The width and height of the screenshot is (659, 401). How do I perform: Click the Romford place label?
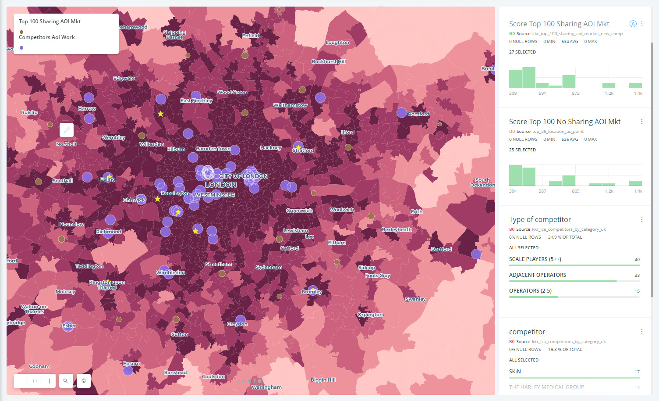click(x=418, y=114)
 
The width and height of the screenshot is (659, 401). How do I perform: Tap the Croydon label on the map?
click(x=237, y=324)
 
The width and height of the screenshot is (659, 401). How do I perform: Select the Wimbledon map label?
click(x=170, y=273)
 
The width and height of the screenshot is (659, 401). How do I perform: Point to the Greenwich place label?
click(x=299, y=211)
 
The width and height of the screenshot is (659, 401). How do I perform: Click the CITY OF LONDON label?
click(x=244, y=176)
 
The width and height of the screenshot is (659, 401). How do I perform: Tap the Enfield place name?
click(x=251, y=36)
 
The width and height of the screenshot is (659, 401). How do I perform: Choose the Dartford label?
click(x=441, y=249)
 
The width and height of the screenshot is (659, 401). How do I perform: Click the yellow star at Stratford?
click(x=298, y=147)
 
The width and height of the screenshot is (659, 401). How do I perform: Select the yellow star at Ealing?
click(x=109, y=176)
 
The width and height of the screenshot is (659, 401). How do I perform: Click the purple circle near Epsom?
click(x=128, y=371)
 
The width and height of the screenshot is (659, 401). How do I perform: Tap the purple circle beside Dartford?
click(x=476, y=254)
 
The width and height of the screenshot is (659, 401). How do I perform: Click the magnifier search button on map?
click(x=66, y=381)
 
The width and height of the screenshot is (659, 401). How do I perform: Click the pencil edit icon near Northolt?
click(x=67, y=130)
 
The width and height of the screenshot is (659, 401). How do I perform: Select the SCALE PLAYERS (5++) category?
click(x=535, y=259)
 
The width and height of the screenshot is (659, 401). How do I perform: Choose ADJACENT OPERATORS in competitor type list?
click(x=538, y=275)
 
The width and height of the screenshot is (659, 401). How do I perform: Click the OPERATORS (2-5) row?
click(x=530, y=291)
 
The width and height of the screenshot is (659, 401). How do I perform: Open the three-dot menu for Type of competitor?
click(x=642, y=219)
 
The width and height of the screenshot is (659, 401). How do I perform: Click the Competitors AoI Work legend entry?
click(x=47, y=37)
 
